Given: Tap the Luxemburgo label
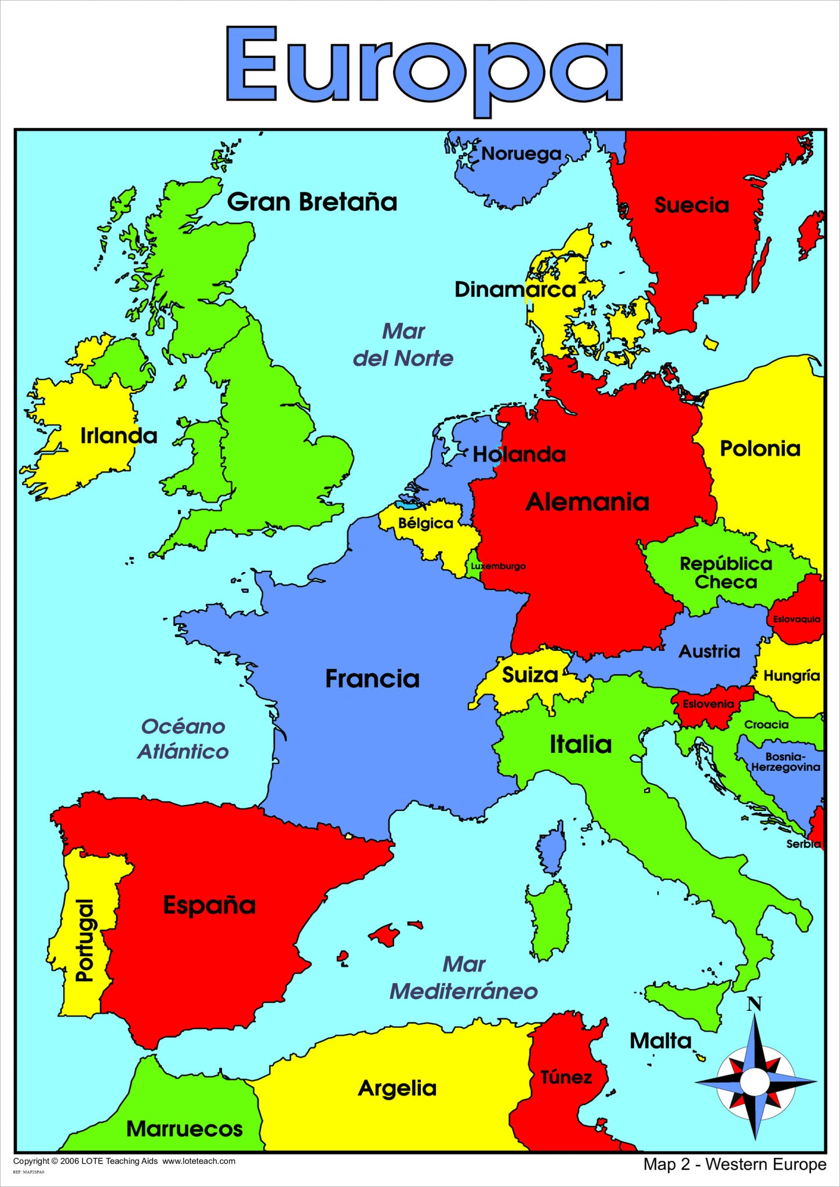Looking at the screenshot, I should [x=498, y=566].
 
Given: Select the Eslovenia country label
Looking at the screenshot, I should [x=708, y=704].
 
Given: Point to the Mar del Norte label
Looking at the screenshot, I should [x=403, y=345].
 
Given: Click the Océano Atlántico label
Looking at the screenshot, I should [x=183, y=739].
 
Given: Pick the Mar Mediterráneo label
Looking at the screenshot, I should [x=463, y=978].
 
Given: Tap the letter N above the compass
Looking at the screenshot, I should [x=754, y=1004].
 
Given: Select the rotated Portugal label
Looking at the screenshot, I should [x=85, y=941].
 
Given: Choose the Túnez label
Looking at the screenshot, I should [x=566, y=1077].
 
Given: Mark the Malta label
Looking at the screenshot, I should [x=660, y=1041].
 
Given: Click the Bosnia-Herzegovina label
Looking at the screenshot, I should [x=785, y=761].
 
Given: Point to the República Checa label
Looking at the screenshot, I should [x=726, y=573].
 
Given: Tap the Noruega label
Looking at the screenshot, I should [x=521, y=154].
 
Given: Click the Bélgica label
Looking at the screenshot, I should [x=426, y=523].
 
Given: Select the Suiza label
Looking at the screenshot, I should [x=530, y=675].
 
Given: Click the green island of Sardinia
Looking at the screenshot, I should [x=548, y=918].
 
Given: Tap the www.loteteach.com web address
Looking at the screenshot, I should [x=199, y=1161].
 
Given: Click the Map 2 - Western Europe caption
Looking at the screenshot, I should [x=735, y=1164].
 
